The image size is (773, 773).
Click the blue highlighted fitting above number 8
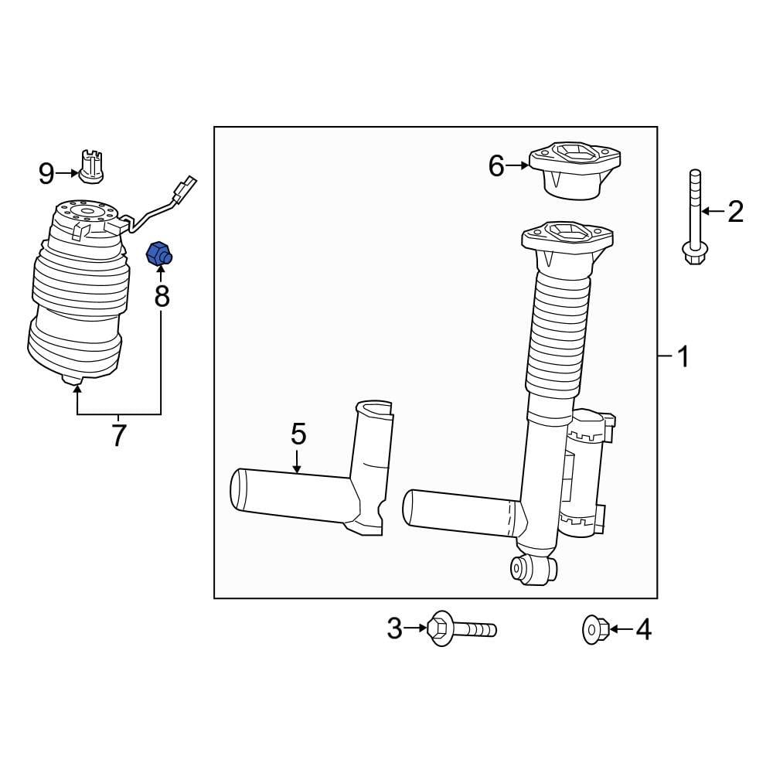159,253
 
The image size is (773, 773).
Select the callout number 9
47,174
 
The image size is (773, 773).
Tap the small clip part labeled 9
92,166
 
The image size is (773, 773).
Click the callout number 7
117,436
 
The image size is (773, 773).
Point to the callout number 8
162,295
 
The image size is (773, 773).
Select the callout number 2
735,210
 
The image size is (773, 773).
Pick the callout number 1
682,357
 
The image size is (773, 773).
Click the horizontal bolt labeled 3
461,628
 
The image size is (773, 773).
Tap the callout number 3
395,629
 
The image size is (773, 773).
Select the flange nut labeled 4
593,630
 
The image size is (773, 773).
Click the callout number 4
643,631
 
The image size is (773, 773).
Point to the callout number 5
298,434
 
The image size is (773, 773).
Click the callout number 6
496,165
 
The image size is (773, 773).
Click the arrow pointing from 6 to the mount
517,165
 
